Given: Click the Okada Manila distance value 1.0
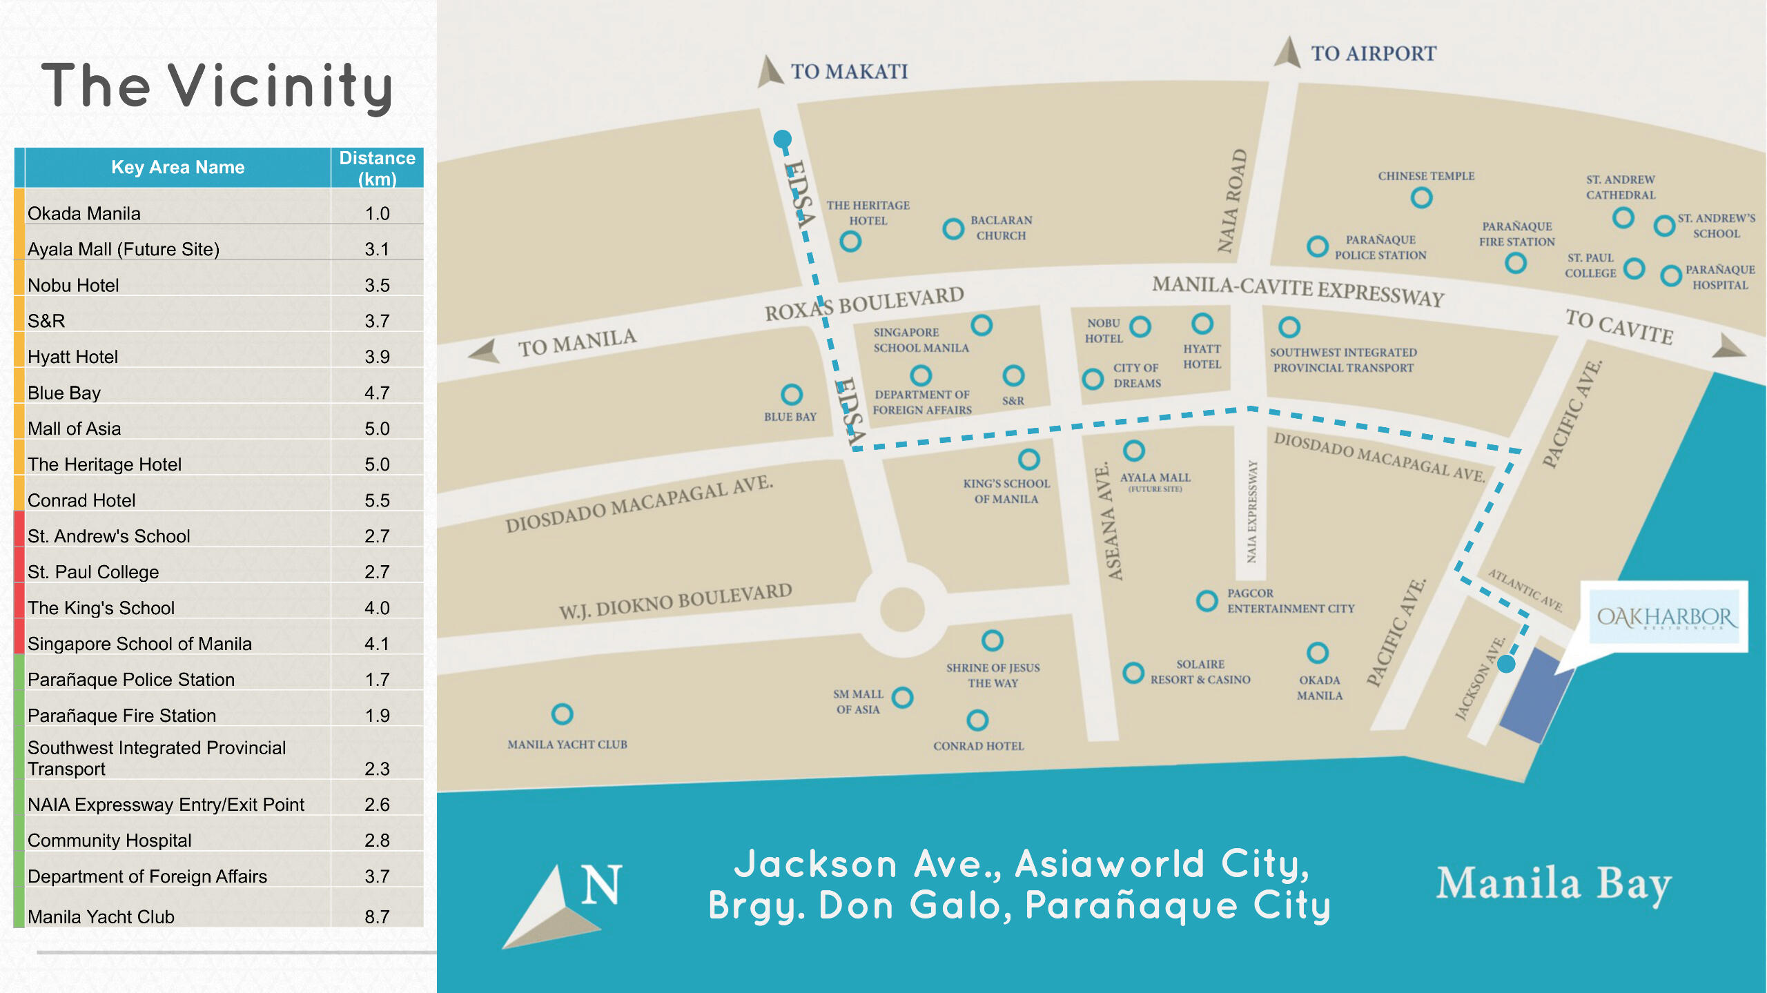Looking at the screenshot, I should coord(377,213).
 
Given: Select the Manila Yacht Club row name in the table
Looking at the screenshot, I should coord(101,916).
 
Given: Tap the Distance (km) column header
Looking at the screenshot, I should coord(377,168).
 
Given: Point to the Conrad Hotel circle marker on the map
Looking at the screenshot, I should coord(977,720).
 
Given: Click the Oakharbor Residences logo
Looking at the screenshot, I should coord(1664,616).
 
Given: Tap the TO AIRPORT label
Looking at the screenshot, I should coord(1373,54).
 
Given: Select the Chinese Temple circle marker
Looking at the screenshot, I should coord(1421,198).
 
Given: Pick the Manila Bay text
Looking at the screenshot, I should coord(1553,883).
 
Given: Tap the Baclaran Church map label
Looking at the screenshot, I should coord(1001,228).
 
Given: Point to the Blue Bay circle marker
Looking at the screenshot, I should coord(791,395).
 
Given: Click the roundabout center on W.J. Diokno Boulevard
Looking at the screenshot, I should coord(901,609).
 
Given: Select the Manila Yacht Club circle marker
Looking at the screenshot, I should coord(562,714).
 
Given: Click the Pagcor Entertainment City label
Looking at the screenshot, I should coord(1290,600).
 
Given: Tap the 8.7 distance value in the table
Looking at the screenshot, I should coord(377,916).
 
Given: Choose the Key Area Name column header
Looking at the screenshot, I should coord(177,168).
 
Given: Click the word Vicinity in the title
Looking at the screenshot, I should coord(280,87).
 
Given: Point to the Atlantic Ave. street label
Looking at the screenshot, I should coord(1525,590).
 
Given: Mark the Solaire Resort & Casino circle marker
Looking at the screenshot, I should coord(1133,673).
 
